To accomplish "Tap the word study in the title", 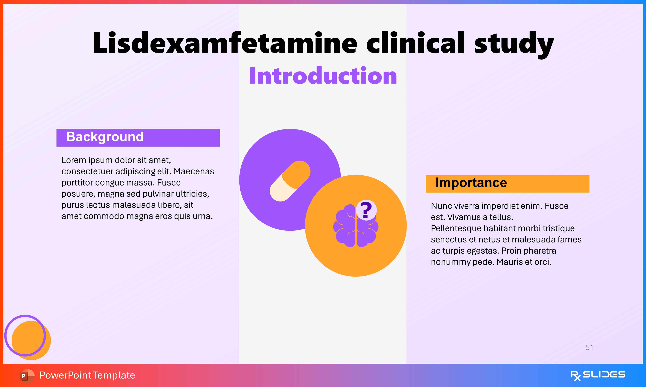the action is click(514, 43).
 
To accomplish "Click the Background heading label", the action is click(105, 137).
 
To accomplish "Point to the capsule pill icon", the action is click(290, 181).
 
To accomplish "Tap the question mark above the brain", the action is click(366, 210).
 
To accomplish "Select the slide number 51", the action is click(589, 347).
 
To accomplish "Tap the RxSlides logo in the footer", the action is click(598, 375).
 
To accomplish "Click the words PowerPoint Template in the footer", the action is click(87, 375).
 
